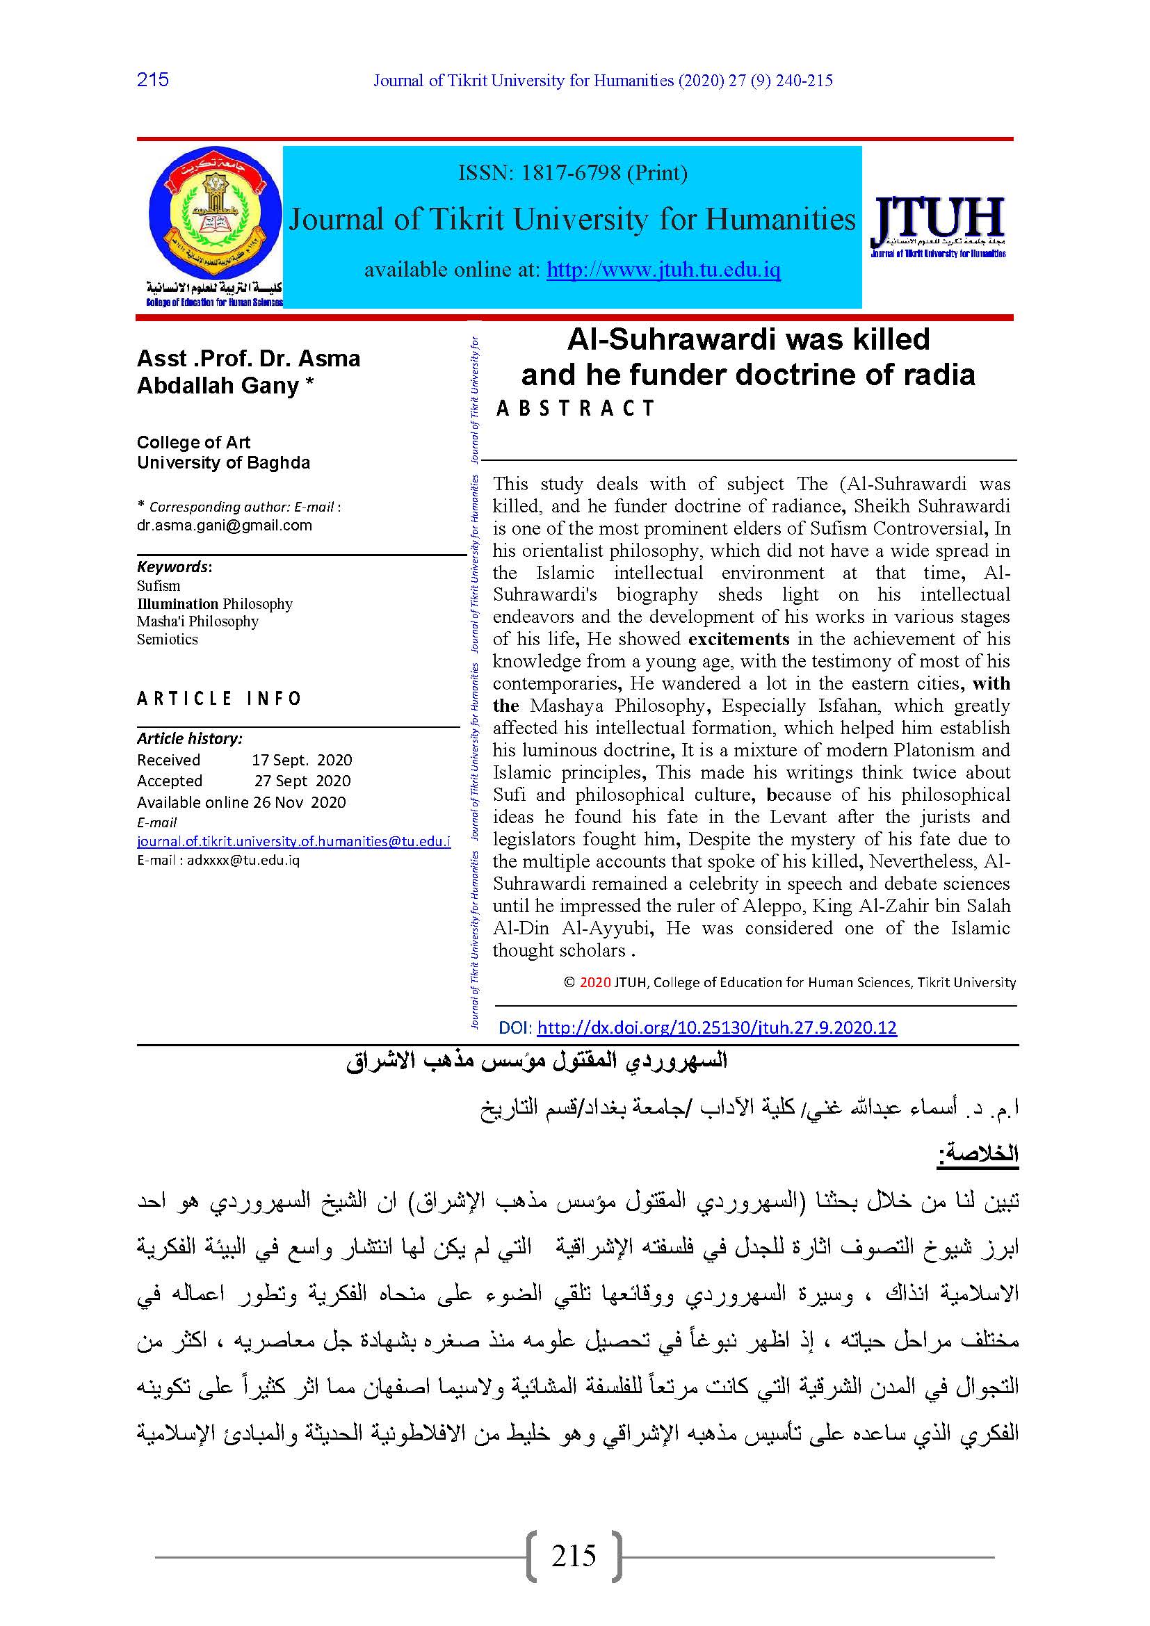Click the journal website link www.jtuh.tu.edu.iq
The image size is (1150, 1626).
point(663,270)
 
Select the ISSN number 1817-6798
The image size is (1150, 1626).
point(571,173)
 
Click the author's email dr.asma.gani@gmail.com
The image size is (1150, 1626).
point(225,525)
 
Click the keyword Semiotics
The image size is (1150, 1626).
point(167,639)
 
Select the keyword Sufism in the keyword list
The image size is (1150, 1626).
point(159,585)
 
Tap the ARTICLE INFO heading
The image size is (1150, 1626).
point(219,698)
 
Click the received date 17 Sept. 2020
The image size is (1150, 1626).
point(302,760)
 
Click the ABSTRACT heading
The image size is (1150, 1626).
point(575,408)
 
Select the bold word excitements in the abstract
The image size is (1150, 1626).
point(738,639)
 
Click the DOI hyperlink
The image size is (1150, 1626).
point(717,1027)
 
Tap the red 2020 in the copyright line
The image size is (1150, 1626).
point(595,982)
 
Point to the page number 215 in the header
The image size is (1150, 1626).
point(153,79)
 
